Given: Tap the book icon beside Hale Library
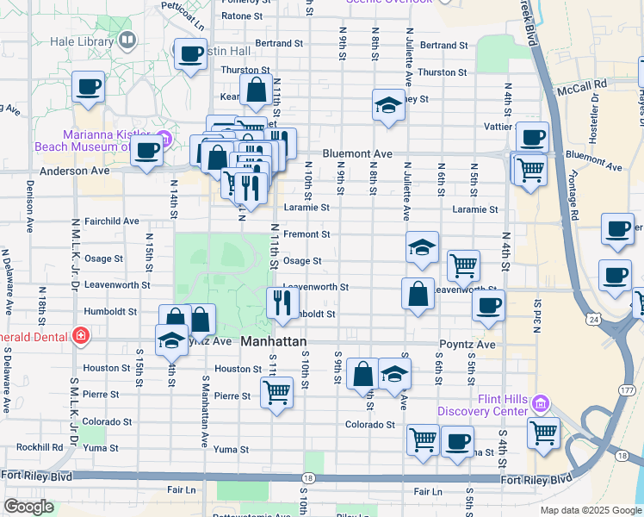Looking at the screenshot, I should (x=128, y=40).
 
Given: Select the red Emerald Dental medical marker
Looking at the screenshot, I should (x=80, y=336).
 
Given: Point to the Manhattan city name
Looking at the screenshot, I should (x=274, y=341).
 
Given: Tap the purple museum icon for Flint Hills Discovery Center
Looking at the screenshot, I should (x=540, y=402).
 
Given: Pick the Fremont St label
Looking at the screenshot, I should (x=307, y=234).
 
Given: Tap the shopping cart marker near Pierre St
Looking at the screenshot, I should (x=276, y=392).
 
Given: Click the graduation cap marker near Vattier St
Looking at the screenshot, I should (x=388, y=105).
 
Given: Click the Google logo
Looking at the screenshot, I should (x=28, y=507).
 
